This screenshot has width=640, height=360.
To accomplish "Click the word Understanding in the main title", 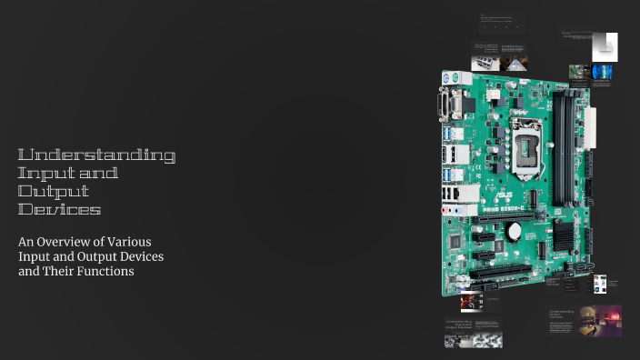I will pyautogui.click(x=96, y=155).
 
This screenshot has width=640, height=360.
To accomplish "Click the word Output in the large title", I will pyautogui.click(x=54, y=192).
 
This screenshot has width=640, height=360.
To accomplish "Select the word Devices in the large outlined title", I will pyautogui.click(x=59, y=210).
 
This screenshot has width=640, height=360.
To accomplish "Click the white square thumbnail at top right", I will pyautogui.click(x=605, y=46).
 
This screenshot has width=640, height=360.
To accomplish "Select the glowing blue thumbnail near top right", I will pyautogui.click(x=602, y=72).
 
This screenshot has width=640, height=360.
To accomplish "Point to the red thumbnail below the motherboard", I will pyautogui.click(x=470, y=301).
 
